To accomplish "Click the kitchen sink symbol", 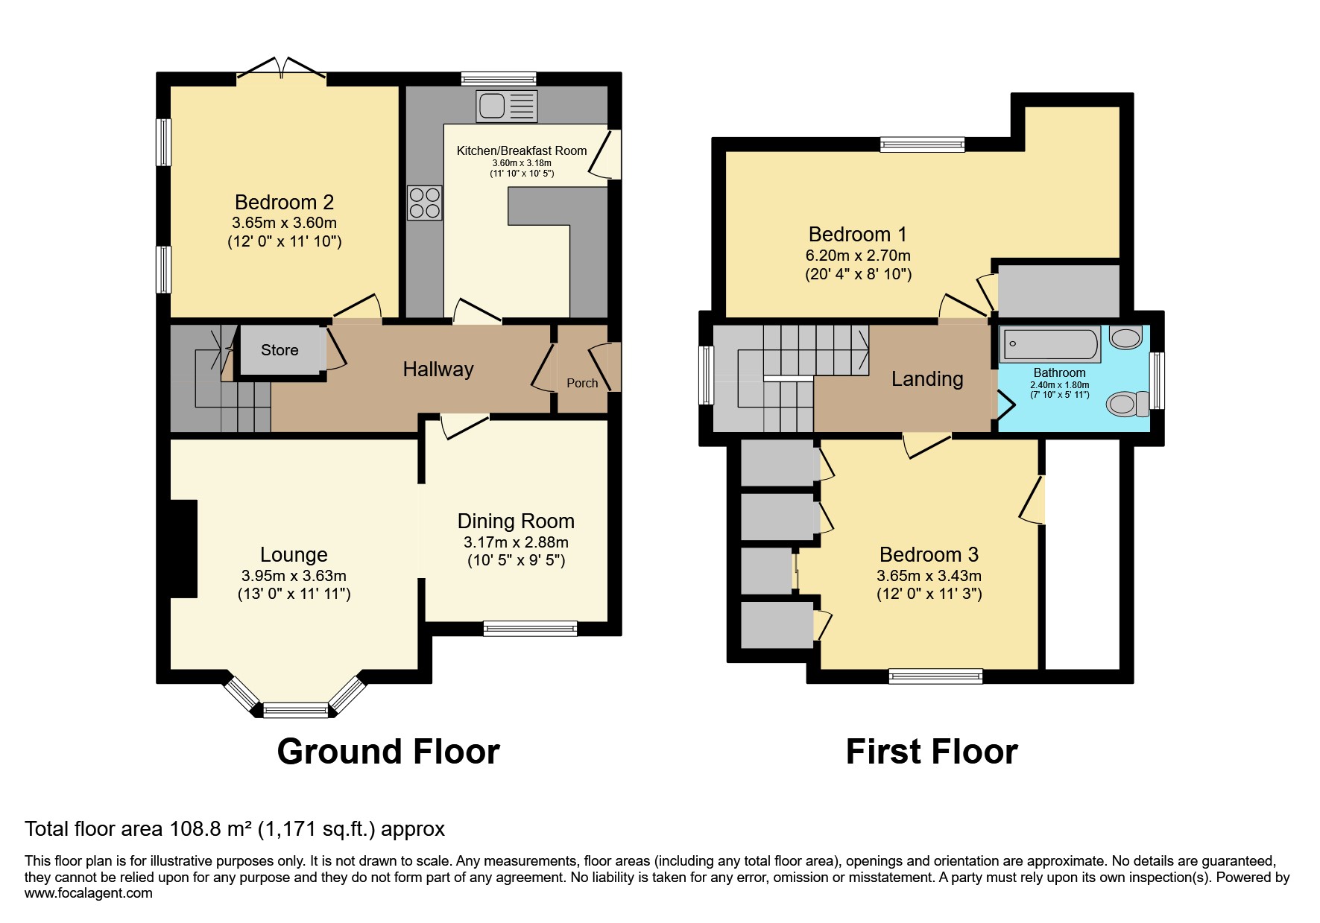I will pos(506,106).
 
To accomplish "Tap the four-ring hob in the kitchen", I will pos(425,203).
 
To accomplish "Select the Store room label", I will pos(280,350).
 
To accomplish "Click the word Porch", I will pos(582,383).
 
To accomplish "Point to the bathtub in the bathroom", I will pos(1049,345).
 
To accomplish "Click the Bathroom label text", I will pos(1059,372).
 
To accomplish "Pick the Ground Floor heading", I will pos(388,752).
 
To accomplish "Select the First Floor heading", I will pos(931,752).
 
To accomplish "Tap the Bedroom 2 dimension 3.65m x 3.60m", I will pos(284,223).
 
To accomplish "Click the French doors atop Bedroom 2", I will pos(282,69).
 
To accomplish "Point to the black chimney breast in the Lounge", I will pos(183,548).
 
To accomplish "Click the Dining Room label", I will pos(516,521).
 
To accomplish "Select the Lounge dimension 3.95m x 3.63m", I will pos(294,576).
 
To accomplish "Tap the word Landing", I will pos(927,379).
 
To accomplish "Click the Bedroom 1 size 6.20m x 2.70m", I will pos(858,256).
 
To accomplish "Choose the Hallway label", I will pos(438,369).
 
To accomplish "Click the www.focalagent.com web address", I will pos(89,893).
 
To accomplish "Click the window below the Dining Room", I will pos(530,629).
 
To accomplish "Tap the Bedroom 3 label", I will pos(929,555).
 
